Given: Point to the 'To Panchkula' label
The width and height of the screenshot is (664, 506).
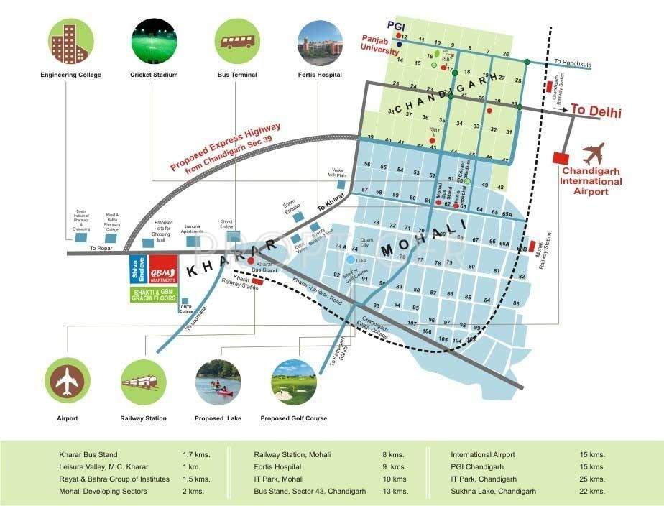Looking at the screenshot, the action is [573, 64].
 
